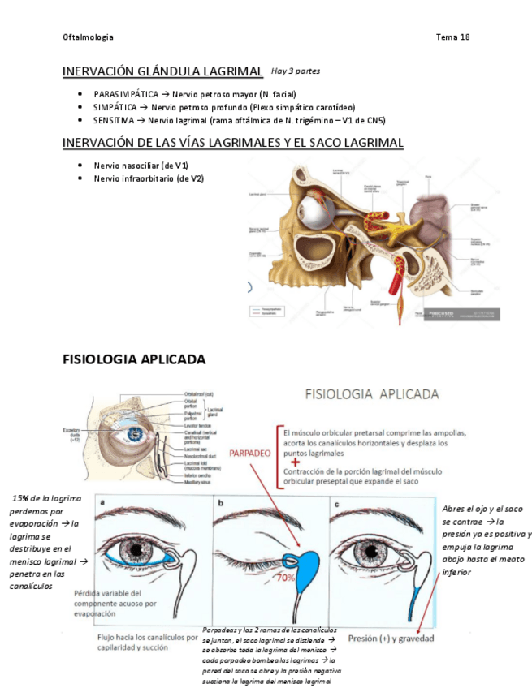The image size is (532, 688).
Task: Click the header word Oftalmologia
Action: [88, 37]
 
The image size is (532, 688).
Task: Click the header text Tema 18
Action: [452, 37]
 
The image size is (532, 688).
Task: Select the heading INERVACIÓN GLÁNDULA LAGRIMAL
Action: [162, 72]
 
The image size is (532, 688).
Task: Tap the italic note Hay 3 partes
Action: [296, 71]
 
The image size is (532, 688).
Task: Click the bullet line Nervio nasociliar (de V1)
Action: [141, 166]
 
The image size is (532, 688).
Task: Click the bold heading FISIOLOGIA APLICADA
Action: [134, 359]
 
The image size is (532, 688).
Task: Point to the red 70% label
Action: [285, 578]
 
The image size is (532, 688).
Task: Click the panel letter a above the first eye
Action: [102, 503]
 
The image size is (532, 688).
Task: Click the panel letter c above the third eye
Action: [336, 503]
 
